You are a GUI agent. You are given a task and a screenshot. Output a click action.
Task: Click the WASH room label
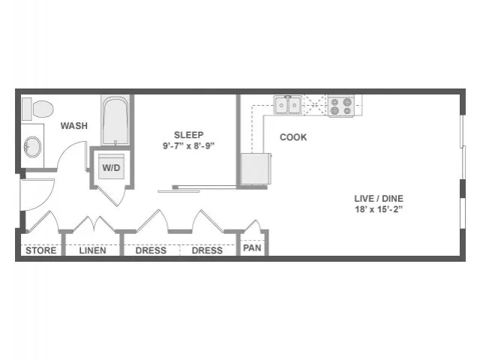click(x=73, y=125)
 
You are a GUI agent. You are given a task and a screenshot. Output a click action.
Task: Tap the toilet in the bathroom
click(x=38, y=109)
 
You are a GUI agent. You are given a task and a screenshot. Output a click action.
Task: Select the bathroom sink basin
click(x=33, y=147)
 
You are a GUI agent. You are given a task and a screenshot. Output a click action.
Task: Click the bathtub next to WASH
click(x=115, y=121)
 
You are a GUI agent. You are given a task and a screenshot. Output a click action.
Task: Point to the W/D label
click(x=111, y=167)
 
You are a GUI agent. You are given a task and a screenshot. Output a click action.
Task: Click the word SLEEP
click(x=188, y=135)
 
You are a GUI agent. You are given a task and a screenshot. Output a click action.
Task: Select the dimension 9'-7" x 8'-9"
click(x=188, y=145)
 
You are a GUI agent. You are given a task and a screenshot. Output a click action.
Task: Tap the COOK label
click(x=293, y=137)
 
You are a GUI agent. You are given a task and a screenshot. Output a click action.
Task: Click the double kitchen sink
click(x=288, y=105)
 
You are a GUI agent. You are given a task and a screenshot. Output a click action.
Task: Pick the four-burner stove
click(x=341, y=106)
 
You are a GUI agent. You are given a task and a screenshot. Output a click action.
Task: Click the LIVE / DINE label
click(x=379, y=198)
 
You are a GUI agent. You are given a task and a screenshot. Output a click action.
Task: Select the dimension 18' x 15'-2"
click(x=379, y=209)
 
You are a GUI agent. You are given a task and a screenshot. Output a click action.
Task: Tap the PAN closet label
click(x=252, y=247)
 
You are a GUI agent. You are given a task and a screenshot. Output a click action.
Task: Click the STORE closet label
click(x=41, y=250)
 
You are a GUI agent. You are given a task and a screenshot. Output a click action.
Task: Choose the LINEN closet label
click(x=92, y=250)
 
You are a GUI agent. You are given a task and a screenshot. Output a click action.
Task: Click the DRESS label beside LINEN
click(x=151, y=250)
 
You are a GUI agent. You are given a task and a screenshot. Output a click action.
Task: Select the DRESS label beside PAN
click(x=207, y=250)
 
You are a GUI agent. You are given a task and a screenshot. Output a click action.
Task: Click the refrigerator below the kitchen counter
click(x=256, y=169)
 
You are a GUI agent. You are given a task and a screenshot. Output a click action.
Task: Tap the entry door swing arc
click(x=49, y=199)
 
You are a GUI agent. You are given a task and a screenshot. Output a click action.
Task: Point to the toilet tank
click(x=27, y=109)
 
